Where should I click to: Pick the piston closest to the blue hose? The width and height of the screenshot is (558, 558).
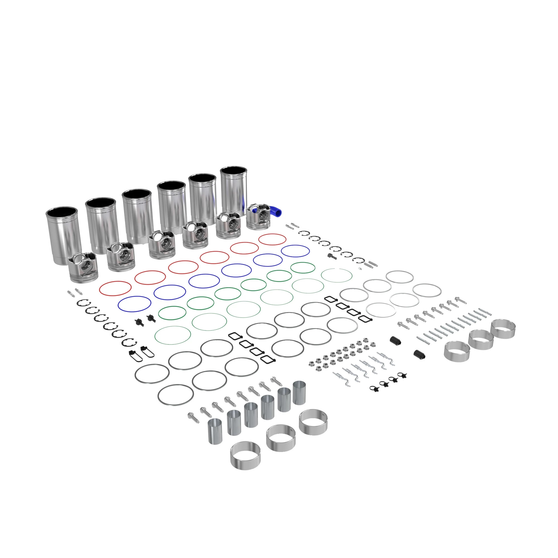point(259,217)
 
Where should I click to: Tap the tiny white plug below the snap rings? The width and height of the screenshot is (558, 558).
point(360,269)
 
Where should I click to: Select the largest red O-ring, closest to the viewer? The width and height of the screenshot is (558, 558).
point(115,288)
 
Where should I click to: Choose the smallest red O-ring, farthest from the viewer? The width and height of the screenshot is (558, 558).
point(272,239)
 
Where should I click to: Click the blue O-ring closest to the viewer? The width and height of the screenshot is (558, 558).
point(134,304)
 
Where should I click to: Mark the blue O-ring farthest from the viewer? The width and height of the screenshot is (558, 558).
point(295,251)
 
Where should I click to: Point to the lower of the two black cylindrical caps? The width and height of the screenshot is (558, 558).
point(419,355)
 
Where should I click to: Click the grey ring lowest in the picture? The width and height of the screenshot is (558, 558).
point(175,395)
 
